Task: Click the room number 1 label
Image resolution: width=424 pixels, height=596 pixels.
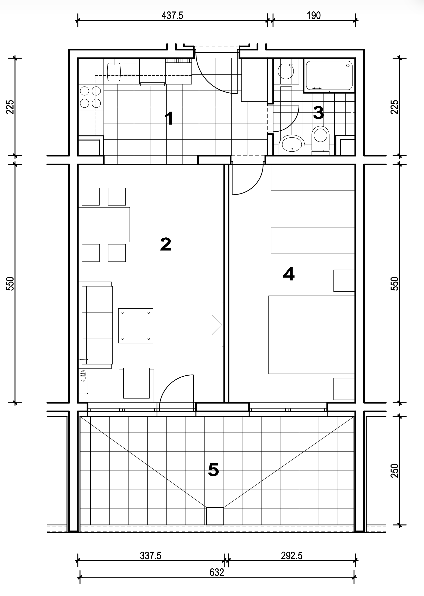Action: point(169,118)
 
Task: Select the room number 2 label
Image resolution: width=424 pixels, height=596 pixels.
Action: point(166,244)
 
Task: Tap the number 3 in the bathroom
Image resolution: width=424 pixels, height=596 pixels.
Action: point(318,113)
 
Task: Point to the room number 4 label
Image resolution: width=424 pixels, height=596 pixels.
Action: point(289,274)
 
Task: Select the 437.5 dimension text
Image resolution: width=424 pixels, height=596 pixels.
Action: point(172,16)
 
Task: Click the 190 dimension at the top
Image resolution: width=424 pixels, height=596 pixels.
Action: point(314,16)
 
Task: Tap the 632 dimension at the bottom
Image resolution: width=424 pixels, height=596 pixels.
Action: point(217,572)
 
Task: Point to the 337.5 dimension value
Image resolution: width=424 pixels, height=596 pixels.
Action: point(151,556)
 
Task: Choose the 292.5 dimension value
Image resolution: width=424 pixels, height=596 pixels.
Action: point(292,556)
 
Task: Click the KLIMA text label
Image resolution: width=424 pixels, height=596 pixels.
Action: point(84,376)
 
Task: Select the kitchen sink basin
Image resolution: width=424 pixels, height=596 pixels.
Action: point(114,72)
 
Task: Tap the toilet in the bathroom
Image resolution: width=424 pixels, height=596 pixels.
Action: point(321,139)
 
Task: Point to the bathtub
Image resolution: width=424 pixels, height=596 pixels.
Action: point(329,76)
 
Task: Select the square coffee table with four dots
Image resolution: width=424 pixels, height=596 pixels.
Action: point(136,326)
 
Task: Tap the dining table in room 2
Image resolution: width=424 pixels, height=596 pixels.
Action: point(104,224)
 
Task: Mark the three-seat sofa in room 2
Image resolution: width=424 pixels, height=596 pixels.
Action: point(97,325)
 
